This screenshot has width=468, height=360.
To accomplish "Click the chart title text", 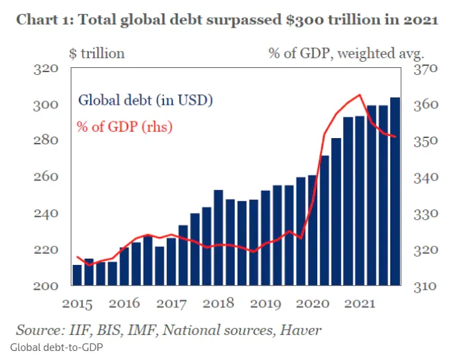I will pos(226,19).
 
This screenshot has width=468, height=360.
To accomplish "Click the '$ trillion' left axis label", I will pos(97,53).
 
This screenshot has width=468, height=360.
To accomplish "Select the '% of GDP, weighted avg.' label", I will pos(346,53).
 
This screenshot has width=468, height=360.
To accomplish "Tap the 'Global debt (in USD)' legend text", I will pos(145,99).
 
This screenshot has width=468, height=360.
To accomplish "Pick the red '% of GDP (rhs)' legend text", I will pos(124,126).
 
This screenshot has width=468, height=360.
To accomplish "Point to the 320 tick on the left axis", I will pos(46,69).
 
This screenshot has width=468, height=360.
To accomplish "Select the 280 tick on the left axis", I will pos(46,141).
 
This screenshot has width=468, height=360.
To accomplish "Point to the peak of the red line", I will pos(359,95).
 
